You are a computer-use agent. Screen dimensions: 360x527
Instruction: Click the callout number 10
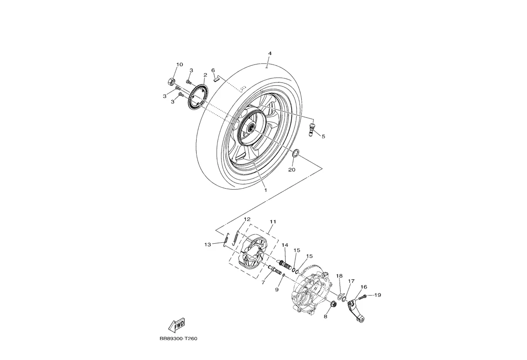click(179, 65)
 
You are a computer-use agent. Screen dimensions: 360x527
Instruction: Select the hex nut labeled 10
click(171, 81)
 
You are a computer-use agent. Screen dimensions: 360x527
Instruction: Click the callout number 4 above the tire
click(270, 53)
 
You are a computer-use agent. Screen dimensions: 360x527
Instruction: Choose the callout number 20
click(292, 170)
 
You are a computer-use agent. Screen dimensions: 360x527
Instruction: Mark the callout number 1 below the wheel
click(265, 190)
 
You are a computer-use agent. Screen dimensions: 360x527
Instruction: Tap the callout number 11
click(272, 221)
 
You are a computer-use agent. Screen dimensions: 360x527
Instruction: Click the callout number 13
click(207, 245)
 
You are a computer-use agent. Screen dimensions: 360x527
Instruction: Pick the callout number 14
click(285, 245)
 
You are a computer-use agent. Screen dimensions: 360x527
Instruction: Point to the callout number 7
click(263, 283)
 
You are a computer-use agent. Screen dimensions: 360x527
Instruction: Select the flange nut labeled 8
click(333, 304)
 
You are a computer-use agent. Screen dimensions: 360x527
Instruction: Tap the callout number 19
click(377, 295)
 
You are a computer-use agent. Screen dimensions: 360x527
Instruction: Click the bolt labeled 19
click(364, 297)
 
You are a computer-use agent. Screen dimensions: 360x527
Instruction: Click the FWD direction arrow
click(176, 325)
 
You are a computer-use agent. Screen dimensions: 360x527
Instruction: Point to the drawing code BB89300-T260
click(175, 338)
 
